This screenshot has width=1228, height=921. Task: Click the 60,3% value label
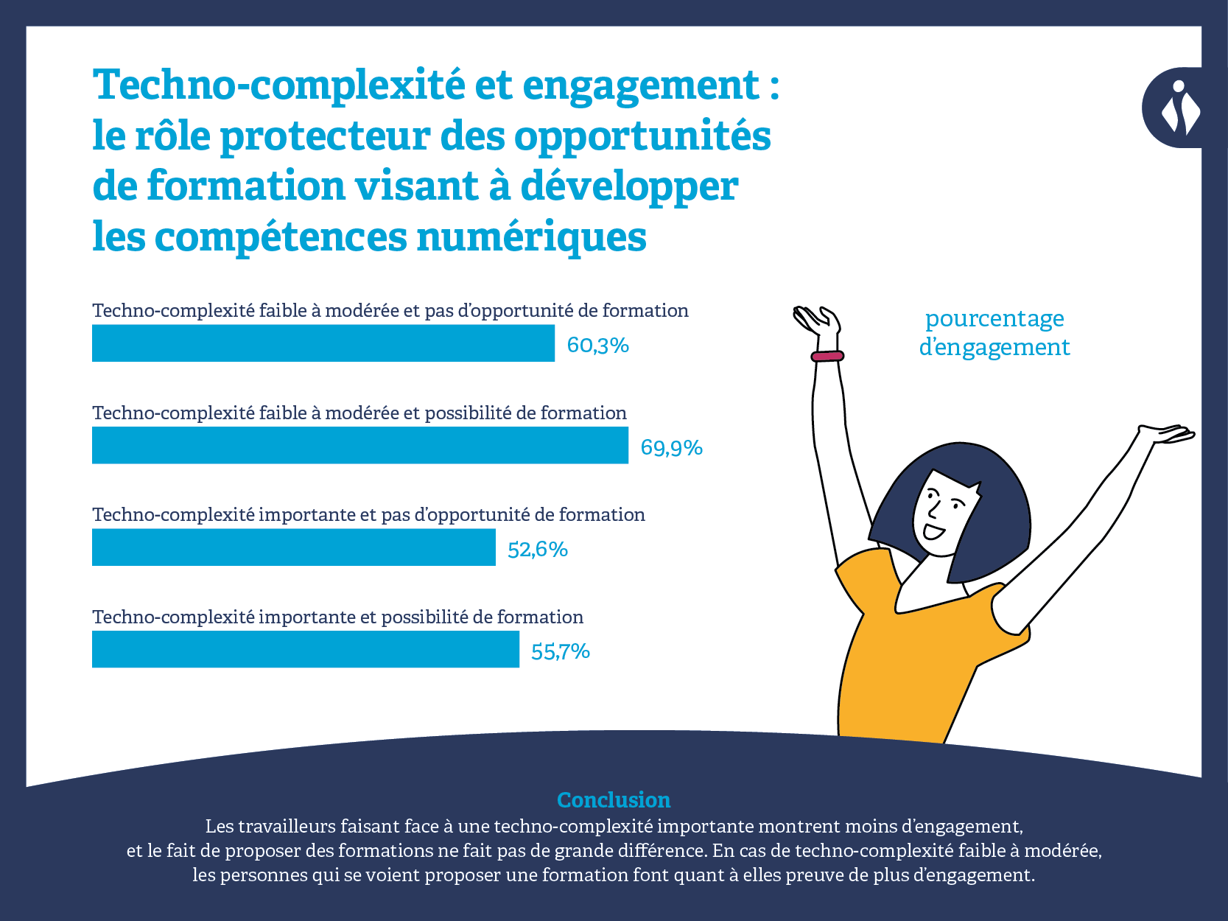(597, 345)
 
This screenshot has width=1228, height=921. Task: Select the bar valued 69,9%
(359, 445)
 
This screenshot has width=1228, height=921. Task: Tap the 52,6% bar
(293, 547)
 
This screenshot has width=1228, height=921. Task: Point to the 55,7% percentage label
(560, 651)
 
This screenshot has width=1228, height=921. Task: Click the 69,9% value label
(671, 447)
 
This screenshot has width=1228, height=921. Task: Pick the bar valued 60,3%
(323, 343)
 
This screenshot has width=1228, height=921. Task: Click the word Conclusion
(614, 799)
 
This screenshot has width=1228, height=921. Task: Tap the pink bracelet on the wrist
(827, 357)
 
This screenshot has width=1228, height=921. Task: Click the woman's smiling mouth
(933, 531)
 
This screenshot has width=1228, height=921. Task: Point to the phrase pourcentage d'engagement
(994, 332)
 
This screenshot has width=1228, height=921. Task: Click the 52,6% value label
(538, 550)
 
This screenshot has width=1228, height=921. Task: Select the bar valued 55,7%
(305, 649)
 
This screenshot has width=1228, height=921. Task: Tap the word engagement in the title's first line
(641, 85)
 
